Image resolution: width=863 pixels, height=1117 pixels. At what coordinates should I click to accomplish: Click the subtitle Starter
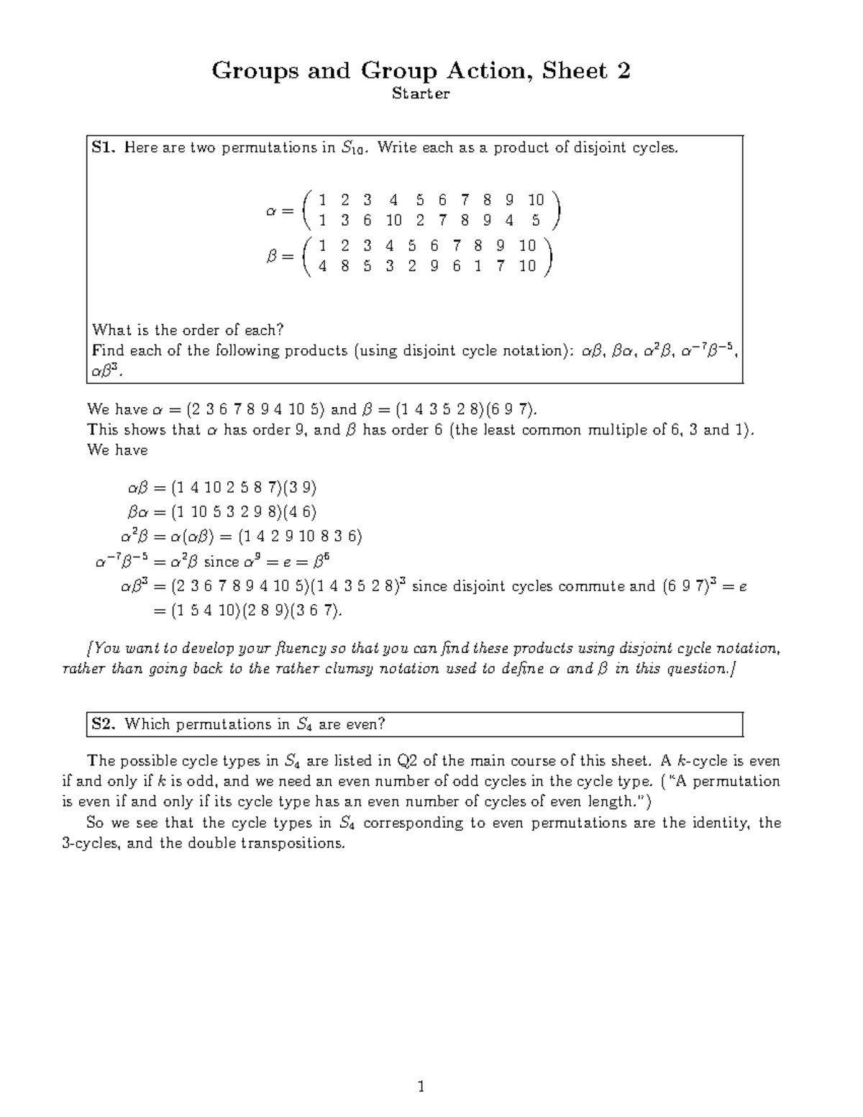tap(421, 94)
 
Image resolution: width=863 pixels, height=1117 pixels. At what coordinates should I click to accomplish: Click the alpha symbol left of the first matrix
tap(271, 211)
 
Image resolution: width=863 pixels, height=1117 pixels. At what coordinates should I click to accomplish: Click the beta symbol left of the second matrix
tap(272, 257)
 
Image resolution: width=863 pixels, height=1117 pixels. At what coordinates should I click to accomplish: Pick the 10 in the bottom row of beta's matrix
tap(527, 266)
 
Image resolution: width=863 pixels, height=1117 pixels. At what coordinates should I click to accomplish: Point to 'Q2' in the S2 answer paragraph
tap(408, 761)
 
